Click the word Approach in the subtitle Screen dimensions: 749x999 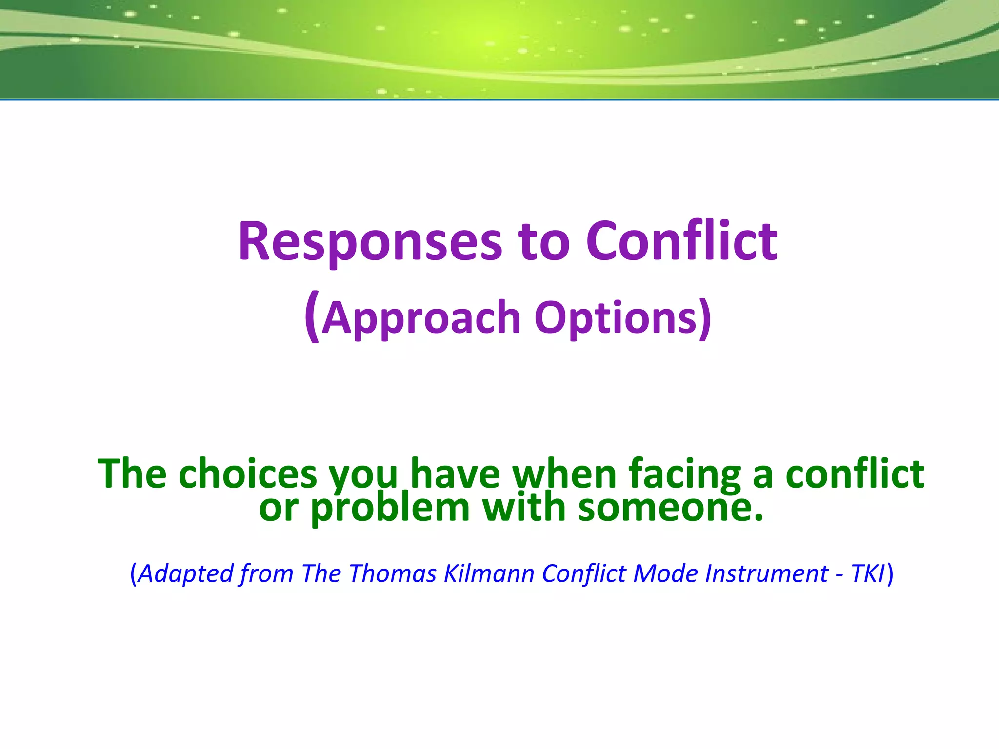click(421, 318)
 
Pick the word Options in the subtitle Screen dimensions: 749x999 click(622, 318)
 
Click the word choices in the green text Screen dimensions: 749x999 click(248, 474)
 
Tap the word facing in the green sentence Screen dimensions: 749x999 click(684, 474)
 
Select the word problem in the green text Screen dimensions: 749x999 click(390, 508)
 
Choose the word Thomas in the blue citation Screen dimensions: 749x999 click(393, 573)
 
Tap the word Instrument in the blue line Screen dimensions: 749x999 click(767, 573)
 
